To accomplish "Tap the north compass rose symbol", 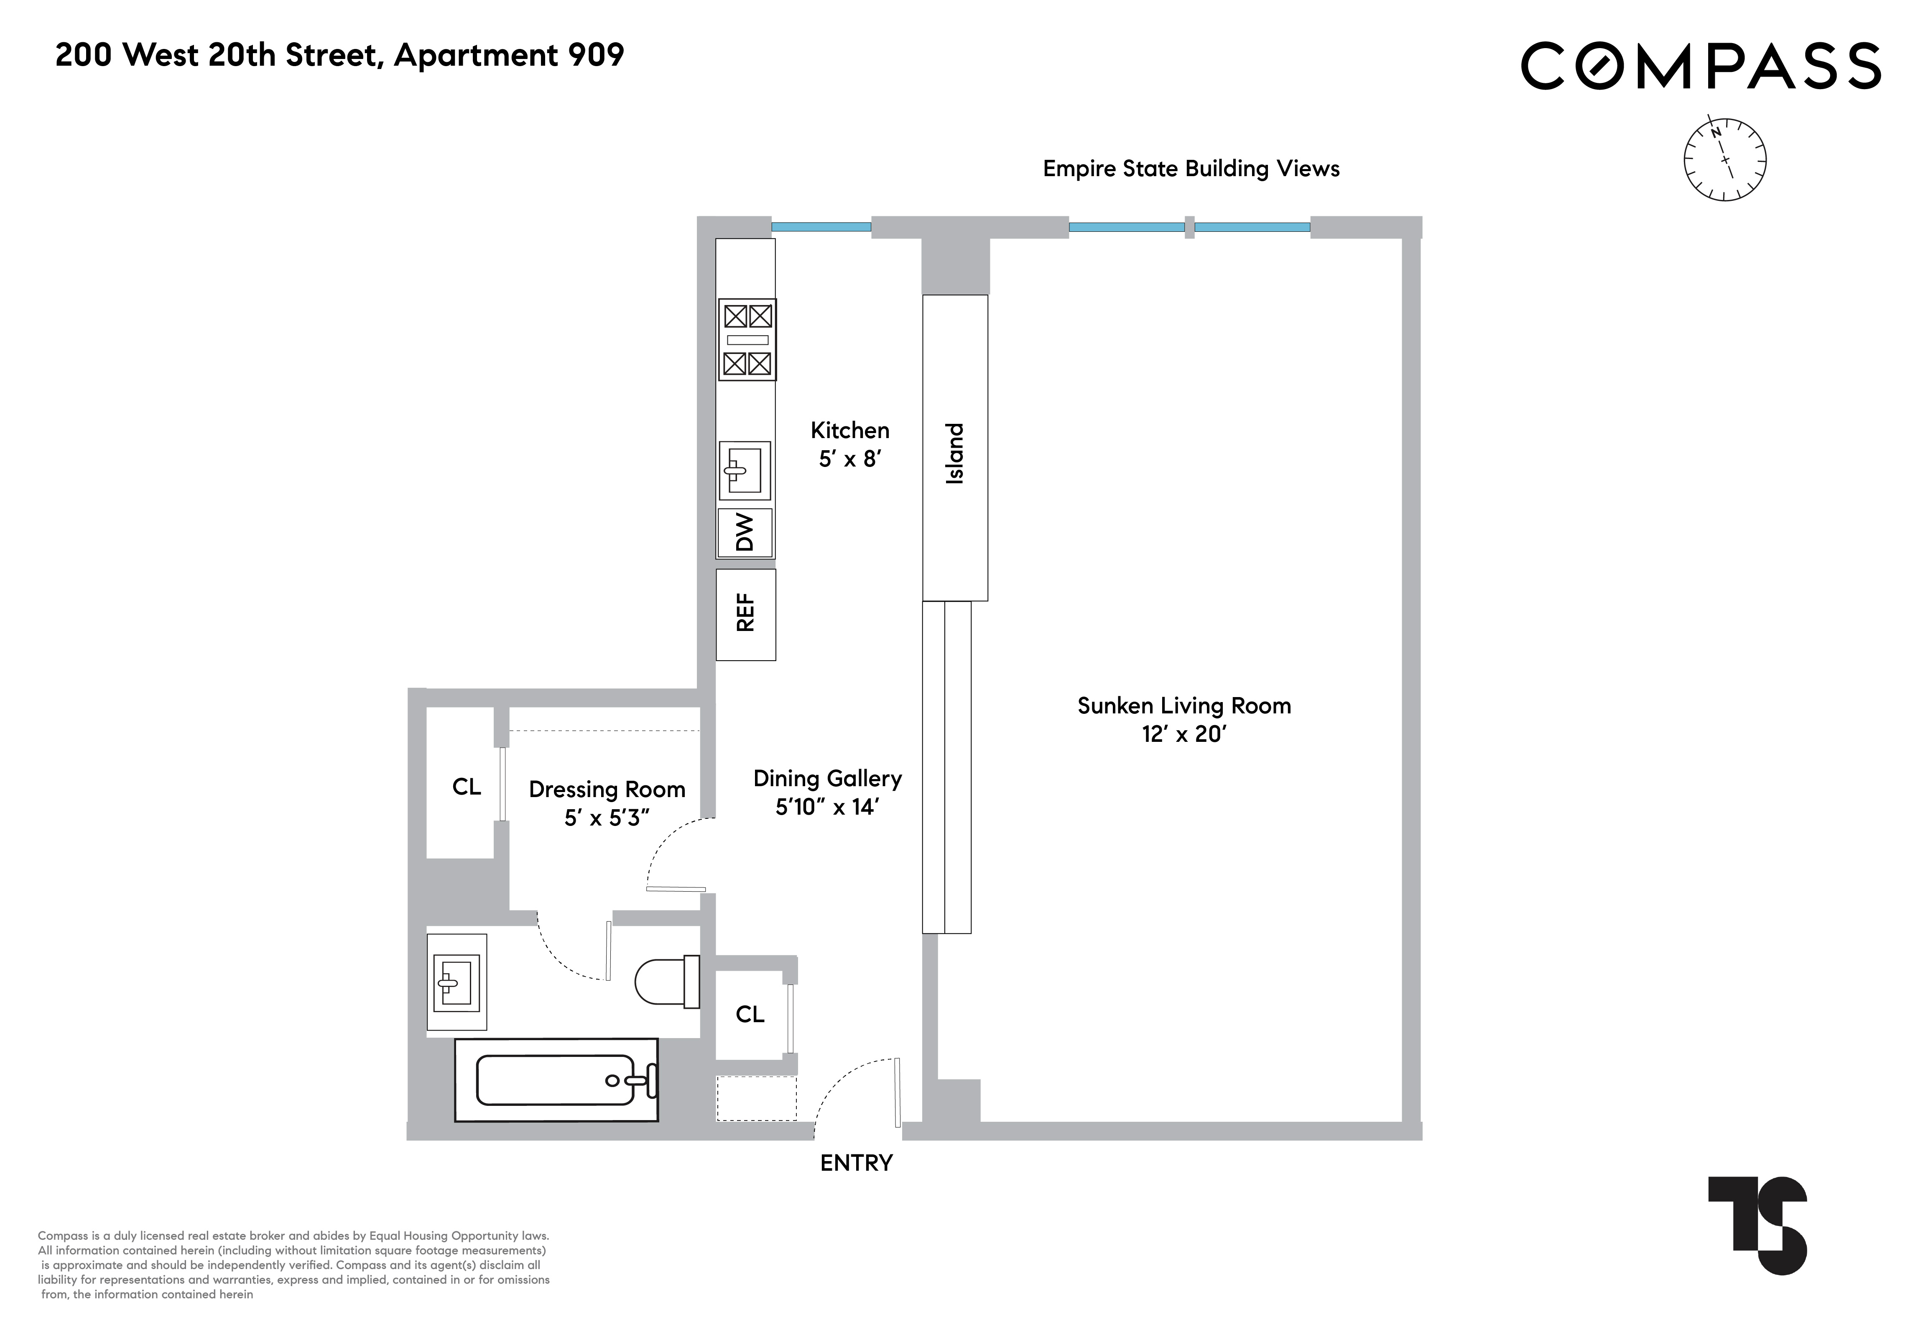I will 1724,159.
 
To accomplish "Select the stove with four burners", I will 747,339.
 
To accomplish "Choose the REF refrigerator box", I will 745,614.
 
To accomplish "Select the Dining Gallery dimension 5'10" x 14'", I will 827,807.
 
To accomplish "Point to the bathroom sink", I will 457,982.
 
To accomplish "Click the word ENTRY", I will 856,1163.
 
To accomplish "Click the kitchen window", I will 821,226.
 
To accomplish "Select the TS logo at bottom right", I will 1757,1225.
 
